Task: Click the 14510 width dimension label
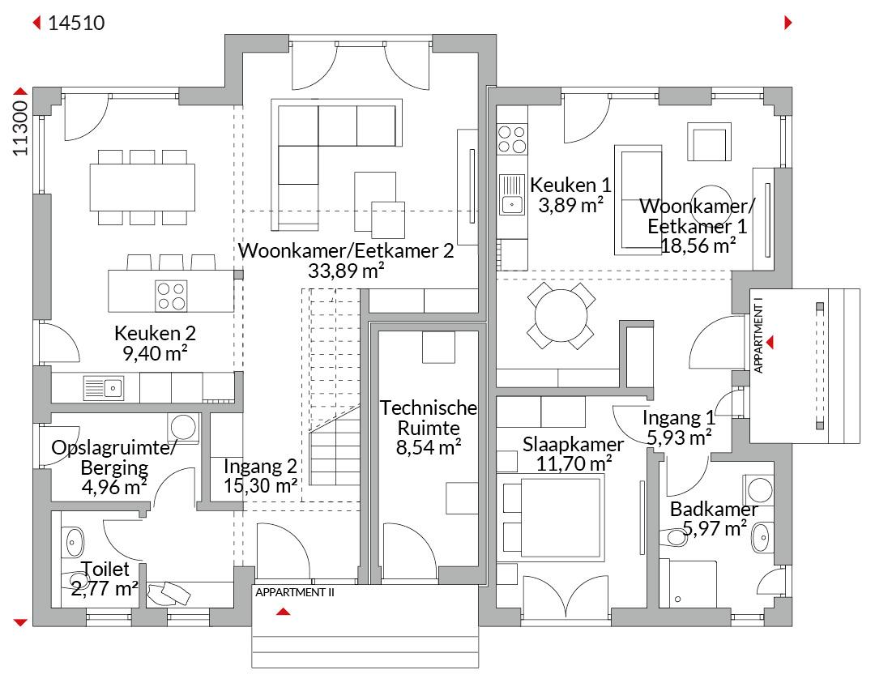76,23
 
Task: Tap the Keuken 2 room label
156,333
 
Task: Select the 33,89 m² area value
346,271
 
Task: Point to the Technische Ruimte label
429,417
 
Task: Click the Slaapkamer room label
573,444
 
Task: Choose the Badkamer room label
714,510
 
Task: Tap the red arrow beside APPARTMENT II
282,612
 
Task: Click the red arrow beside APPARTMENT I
770,343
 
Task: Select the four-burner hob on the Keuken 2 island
171,295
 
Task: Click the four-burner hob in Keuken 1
512,138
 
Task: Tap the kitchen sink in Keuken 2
102,388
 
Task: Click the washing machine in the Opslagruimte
184,427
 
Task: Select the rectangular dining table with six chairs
143,186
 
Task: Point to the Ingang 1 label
679,419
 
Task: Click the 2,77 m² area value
105,588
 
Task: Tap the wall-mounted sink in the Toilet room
75,538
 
